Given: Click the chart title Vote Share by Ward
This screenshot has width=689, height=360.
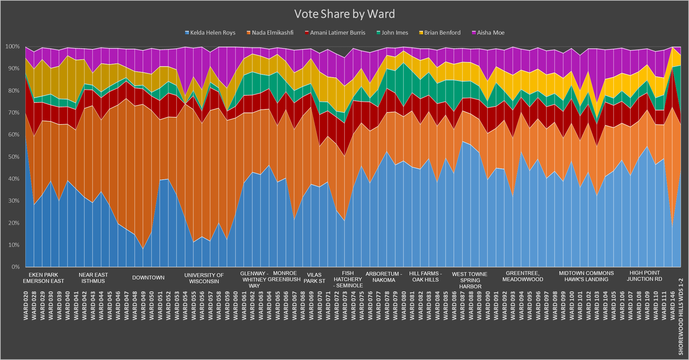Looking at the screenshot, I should point(344,14).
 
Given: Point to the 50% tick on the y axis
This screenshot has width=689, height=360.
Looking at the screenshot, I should point(13,157).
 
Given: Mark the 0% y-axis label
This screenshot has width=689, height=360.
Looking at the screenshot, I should point(15,267).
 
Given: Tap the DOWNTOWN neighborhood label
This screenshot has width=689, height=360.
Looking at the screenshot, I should point(148,278).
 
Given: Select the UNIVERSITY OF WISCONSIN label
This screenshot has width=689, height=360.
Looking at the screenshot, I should point(204,278).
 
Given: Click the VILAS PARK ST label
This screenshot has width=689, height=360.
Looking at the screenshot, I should point(314,278).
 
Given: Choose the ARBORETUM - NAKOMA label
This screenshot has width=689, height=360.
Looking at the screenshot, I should point(384,277).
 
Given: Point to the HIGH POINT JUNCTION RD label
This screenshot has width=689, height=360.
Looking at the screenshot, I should point(644,276).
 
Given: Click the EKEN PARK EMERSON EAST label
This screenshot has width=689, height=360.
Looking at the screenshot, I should point(44,278).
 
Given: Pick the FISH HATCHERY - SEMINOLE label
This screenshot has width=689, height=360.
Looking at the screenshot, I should point(348,279).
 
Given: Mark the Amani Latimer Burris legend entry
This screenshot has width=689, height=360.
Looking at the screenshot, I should point(337,33).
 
